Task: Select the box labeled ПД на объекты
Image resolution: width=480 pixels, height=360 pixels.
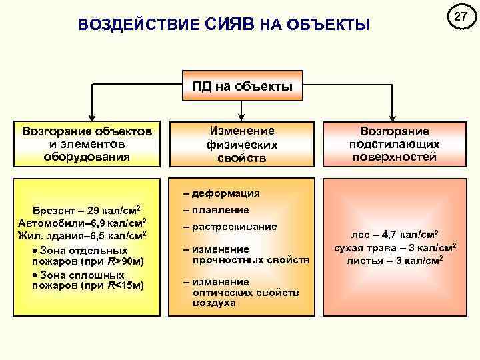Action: (242, 87)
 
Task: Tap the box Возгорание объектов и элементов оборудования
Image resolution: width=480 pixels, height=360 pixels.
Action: (87, 143)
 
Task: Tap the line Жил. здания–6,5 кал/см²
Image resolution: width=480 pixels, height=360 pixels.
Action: (83, 235)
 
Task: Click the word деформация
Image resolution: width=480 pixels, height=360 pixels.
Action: (226, 194)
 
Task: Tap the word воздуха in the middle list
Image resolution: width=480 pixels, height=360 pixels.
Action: (214, 303)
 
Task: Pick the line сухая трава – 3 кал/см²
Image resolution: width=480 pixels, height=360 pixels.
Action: (395, 248)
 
